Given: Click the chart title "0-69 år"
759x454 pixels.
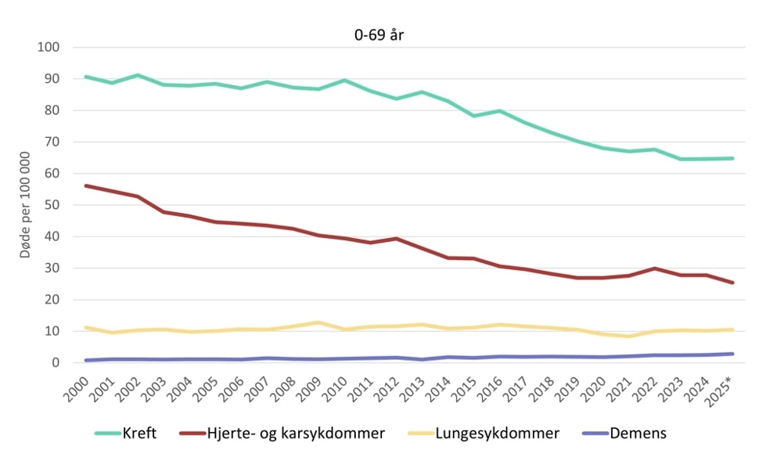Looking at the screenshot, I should coord(379,34).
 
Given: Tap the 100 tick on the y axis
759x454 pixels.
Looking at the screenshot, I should coord(49,48).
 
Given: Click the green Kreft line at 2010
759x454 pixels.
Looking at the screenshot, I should coord(344,81).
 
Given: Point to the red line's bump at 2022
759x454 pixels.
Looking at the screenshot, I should coord(654,268).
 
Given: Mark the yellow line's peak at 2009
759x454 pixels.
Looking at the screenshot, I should coord(318,322).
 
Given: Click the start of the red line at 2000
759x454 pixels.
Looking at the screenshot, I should coord(85,186).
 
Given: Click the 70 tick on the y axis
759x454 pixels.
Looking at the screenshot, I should coord(52,142).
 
